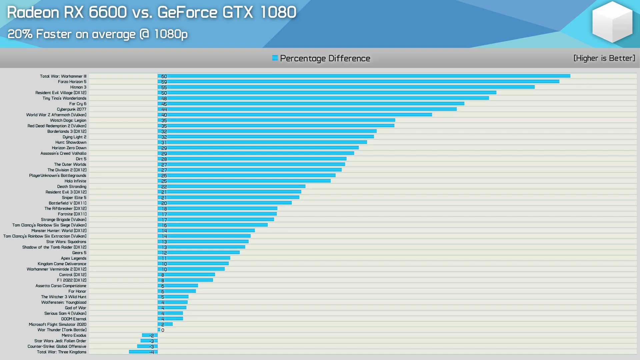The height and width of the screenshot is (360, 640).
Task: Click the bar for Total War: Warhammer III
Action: (x=363, y=76)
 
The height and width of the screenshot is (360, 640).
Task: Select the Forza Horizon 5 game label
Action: (x=72, y=82)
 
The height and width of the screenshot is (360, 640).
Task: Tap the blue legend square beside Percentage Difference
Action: (x=275, y=58)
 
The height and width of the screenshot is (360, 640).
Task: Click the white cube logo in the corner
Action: (x=612, y=22)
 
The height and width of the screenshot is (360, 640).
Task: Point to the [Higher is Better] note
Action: (x=604, y=58)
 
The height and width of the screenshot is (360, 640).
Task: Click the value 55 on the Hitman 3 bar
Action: (x=164, y=87)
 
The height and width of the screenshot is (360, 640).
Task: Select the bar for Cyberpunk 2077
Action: (x=307, y=109)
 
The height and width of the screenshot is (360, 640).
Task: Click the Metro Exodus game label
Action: (x=74, y=335)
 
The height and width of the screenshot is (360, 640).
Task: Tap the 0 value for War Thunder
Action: (x=163, y=330)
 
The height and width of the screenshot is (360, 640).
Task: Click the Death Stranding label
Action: (x=72, y=187)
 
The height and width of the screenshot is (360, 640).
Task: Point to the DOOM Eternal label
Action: (x=74, y=319)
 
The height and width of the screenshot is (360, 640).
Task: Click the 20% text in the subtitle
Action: (x=20, y=34)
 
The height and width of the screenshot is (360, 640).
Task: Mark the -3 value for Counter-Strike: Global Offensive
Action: (x=152, y=347)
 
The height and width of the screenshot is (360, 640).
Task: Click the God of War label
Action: (x=75, y=308)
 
